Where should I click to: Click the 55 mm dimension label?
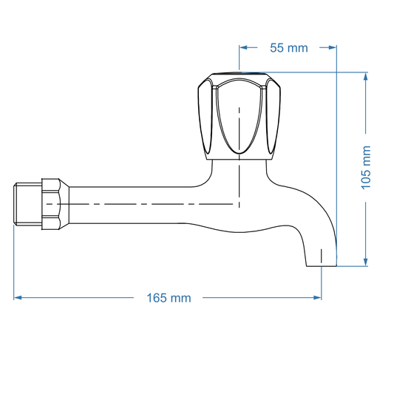(288, 48)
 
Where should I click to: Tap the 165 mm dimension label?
(169, 298)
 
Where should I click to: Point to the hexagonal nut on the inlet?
(51, 204)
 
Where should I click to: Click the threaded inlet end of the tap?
(27, 204)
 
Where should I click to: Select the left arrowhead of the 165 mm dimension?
(18, 298)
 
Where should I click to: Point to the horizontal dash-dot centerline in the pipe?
(148, 203)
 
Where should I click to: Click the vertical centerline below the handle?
(240, 181)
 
